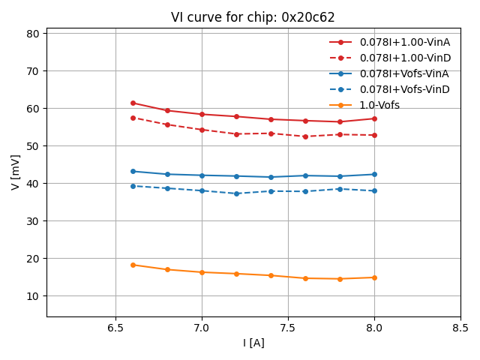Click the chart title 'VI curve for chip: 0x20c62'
point(253,17)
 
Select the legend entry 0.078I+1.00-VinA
point(403,42)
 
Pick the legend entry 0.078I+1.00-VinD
point(403,58)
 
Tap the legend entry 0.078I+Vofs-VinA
point(403,73)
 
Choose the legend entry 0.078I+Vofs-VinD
point(403,89)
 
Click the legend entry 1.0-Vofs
point(379,105)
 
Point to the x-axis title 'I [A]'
point(253,343)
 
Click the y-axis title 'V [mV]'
point(16,172)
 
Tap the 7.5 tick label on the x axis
point(288,328)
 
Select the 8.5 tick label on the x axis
point(460,328)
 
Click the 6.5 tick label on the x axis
point(115,328)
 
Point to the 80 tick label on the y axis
point(32,34)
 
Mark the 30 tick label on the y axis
point(32,221)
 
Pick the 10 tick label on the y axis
point(32,296)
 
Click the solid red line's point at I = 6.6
point(133,103)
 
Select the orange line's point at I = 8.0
point(374,277)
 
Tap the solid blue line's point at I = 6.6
point(133,171)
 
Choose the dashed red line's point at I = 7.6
point(305,136)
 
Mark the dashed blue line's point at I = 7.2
point(236,193)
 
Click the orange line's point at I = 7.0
point(202,272)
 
